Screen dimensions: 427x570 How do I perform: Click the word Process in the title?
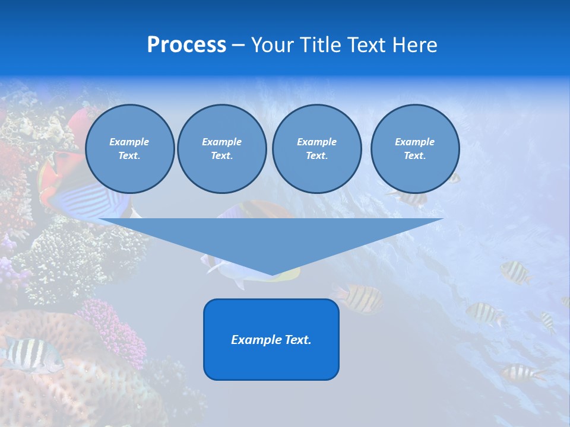click(x=186, y=45)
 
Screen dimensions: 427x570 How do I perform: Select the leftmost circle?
click(x=130, y=149)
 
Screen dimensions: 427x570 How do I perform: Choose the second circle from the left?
click(x=222, y=149)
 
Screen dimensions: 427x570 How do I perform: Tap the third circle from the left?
click(x=316, y=149)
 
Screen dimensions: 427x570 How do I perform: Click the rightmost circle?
click(x=415, y=149)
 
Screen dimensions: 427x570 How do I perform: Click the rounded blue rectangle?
click(x=271, y=356)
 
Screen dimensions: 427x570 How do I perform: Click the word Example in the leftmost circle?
click(x=129, y=142)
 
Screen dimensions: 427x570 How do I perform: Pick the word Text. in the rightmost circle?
click(x=415, y=156)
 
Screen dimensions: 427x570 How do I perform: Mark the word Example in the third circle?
click(x=316, y=142)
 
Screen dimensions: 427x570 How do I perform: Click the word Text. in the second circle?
click(x=222, y=156)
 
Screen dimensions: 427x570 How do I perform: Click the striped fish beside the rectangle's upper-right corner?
click(x=360, y=298)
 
